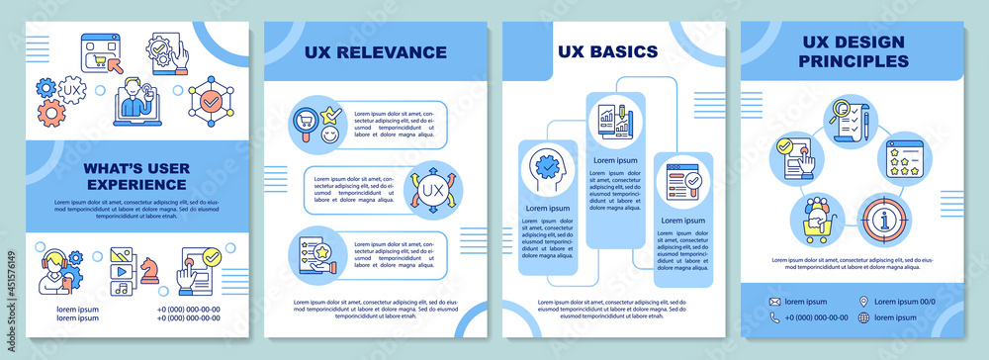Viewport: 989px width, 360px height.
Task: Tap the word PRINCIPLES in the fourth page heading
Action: (x=855, y=61)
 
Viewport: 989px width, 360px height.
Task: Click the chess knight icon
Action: (x=149, y=270)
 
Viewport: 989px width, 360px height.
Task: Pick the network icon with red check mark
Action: (x=211, y=100)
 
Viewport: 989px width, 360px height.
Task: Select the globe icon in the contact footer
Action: (x=864, y=317)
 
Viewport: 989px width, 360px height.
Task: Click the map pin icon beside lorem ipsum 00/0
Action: (x=864, y=301)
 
